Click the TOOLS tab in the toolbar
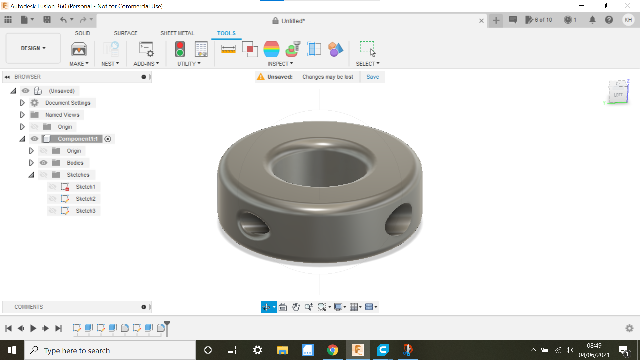226,33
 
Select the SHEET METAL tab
177,33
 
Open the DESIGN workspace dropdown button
33,48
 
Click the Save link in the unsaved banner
372,77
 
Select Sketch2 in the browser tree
85,199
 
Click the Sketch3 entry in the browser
85,211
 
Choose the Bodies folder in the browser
75,163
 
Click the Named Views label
62,115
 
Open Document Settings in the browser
68,103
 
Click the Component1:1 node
78,139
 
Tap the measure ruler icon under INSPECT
228,49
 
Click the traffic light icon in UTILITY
180,49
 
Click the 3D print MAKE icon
79,49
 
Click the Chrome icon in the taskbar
332,350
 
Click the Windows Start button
12,350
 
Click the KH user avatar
628,20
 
